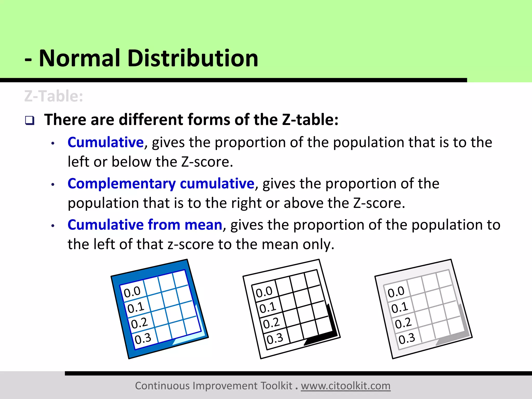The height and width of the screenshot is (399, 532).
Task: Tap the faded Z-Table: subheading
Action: (54, 96)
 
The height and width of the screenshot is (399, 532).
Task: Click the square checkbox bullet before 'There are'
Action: (30, 121)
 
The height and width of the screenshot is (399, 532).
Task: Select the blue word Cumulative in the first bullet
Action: (105, 142)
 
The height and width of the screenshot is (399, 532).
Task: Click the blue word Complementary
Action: (122, 184)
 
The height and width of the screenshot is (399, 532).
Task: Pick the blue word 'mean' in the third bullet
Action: (203, 225)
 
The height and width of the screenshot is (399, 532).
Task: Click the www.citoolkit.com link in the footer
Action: (345, 386)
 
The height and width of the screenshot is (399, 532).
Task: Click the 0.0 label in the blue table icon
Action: (132, 292)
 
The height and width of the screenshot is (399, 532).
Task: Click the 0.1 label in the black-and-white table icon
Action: (268, 308)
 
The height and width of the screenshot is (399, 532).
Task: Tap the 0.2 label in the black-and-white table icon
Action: (271, 323)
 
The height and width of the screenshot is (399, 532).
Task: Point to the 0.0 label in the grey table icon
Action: (396, 292)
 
